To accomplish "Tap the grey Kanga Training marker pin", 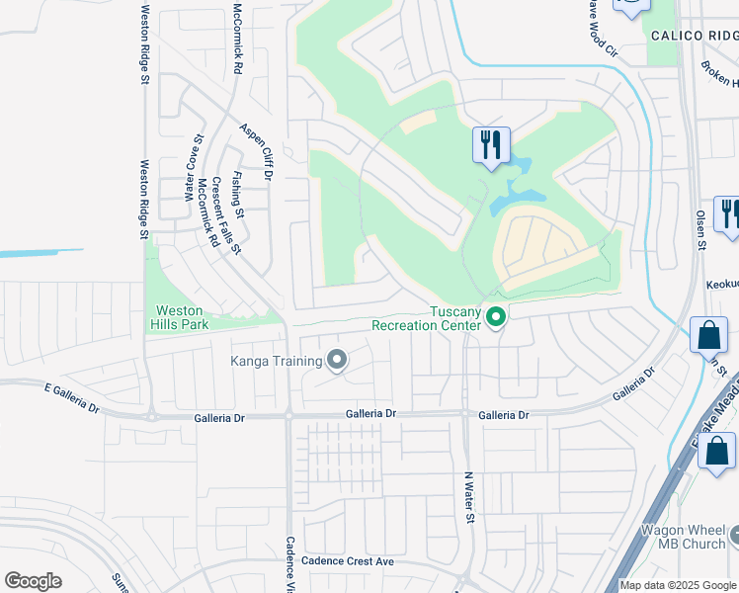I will point(336,360).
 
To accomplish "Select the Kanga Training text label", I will point(277,361).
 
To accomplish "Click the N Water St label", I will point(470,496).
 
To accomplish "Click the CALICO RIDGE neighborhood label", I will point(693,36).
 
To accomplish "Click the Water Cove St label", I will point(192,169).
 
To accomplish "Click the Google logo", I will point(33,581).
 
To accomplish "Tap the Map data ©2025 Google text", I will point(678,585).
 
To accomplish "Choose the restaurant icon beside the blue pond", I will point(491,145).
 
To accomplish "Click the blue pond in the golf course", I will point(512,189).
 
